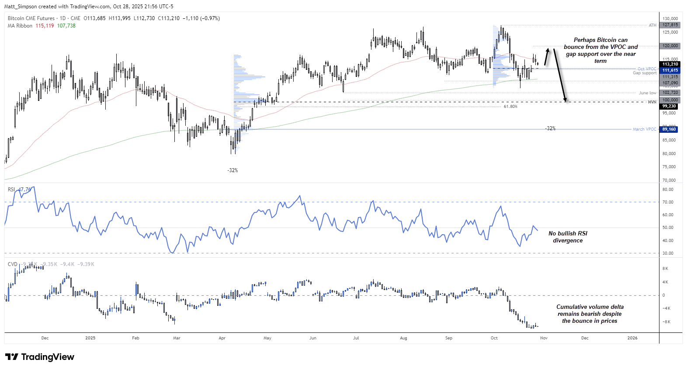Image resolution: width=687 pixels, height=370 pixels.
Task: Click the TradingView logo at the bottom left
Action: coord(40,357)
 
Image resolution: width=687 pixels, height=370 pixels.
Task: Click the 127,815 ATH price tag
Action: coord(670,25)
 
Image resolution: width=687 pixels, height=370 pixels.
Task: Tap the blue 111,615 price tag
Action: coord(670,70)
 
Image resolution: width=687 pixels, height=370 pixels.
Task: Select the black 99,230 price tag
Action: coord(669,106)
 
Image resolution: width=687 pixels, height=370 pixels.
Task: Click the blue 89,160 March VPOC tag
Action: coord(669,129)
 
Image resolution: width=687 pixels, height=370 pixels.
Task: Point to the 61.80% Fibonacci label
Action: coord(510,107)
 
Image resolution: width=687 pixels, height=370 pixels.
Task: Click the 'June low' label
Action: coord(647,93)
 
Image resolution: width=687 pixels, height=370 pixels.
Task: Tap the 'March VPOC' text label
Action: coord(644,129)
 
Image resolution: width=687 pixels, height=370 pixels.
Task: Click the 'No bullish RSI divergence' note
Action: coord(568,237)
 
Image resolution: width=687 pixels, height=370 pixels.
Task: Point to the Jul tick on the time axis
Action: coord(356,338)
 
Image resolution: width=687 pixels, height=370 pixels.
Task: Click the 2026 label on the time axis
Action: coord(632,338)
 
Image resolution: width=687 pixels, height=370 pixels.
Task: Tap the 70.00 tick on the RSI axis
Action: coord(668,202)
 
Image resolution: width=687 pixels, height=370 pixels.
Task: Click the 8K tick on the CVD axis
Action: coord(665,269)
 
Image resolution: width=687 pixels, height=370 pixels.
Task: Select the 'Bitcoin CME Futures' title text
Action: coord(31,18)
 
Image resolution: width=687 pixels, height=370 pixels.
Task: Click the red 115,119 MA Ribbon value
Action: coord(45,26)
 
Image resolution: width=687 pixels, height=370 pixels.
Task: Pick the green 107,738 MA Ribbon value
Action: coord(66,26)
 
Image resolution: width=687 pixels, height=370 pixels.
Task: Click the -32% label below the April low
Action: coord(232,170)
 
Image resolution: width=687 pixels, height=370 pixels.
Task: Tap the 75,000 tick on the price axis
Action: coord(669,167)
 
